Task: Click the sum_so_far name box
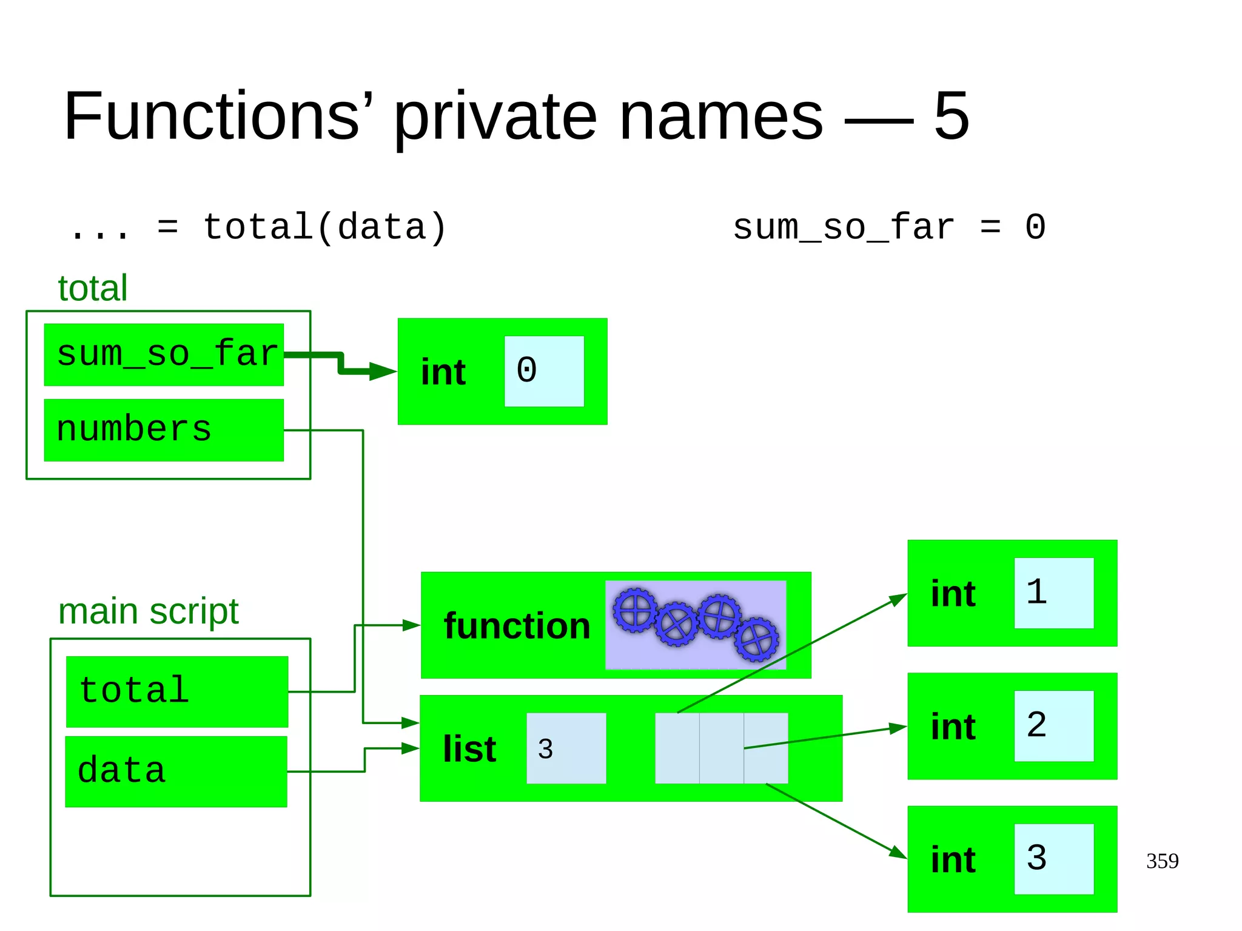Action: [164, 355]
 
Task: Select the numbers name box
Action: [164, 430]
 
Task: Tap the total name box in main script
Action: [176, 691]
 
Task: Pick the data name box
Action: [176, 771]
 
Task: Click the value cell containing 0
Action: [544, 371]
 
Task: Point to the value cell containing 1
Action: [1053, 593]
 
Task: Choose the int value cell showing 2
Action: [1053, 726]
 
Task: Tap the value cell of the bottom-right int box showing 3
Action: [1053, 859]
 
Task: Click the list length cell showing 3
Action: [566, 748]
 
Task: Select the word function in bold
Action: [517, 626]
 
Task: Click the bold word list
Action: [469, 749]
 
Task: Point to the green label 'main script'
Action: [148, 611]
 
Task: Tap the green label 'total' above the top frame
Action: [92, 288]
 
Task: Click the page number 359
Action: [1162, 861]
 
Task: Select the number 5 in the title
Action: [951, 116]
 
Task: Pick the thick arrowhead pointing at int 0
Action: [383, 371]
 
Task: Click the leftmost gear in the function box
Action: [635, 610]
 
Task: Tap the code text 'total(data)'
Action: [324, 228]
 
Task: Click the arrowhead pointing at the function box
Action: [412, 625]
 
